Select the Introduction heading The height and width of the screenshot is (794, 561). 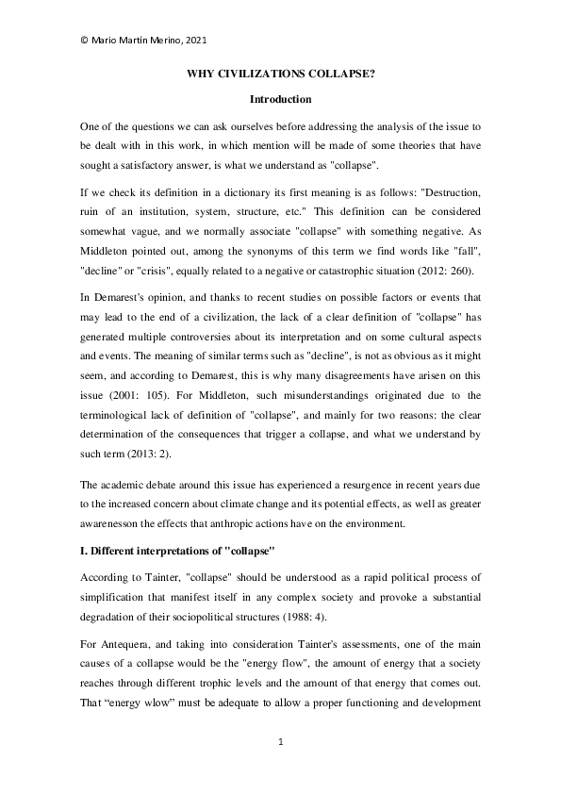280,98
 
